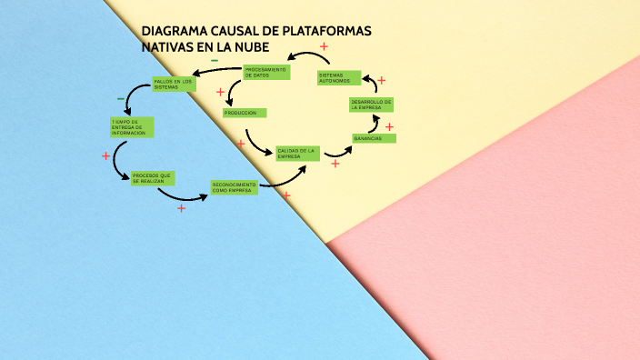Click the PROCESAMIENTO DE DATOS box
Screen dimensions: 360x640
pos(265,72)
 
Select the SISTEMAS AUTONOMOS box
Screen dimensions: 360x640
pos(338,78)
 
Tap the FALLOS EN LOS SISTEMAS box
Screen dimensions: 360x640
pos(174,85)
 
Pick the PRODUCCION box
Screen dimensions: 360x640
pos(245,113)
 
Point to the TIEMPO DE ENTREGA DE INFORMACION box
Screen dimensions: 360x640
pos(131,127)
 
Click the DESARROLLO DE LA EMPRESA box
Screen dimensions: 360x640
pos(371,105)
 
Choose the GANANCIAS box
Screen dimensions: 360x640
pos(374,138)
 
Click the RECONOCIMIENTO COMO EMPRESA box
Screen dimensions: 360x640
pos(234,187)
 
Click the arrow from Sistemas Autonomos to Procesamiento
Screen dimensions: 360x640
pos(306,58)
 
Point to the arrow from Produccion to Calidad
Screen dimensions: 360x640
pos(258,144)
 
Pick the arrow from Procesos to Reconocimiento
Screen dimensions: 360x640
pos(189,195)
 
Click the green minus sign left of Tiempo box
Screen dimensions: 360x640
pos(120,98)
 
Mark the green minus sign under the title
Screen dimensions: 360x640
pos(215,61)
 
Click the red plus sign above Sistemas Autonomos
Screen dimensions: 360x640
pos(324,45)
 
